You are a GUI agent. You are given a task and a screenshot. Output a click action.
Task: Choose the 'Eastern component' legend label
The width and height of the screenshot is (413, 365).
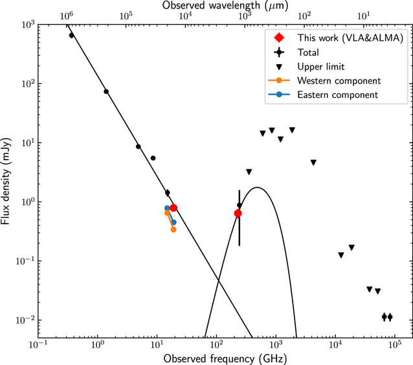337,95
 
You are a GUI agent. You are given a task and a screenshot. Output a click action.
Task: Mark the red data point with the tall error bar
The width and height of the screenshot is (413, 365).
238,213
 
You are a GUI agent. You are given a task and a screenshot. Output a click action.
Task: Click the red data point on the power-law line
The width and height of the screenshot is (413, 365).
173,208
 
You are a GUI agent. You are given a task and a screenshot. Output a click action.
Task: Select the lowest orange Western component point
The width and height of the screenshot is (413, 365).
173,230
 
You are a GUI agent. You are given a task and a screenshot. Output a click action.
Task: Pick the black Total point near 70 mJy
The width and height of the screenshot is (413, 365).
106,91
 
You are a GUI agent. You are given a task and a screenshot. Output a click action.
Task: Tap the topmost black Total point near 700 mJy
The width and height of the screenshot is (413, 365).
71,35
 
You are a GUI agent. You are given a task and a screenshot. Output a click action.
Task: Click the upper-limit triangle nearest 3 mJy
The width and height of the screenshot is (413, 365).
249,172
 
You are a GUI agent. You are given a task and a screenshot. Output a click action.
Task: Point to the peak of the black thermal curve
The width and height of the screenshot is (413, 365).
258,188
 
